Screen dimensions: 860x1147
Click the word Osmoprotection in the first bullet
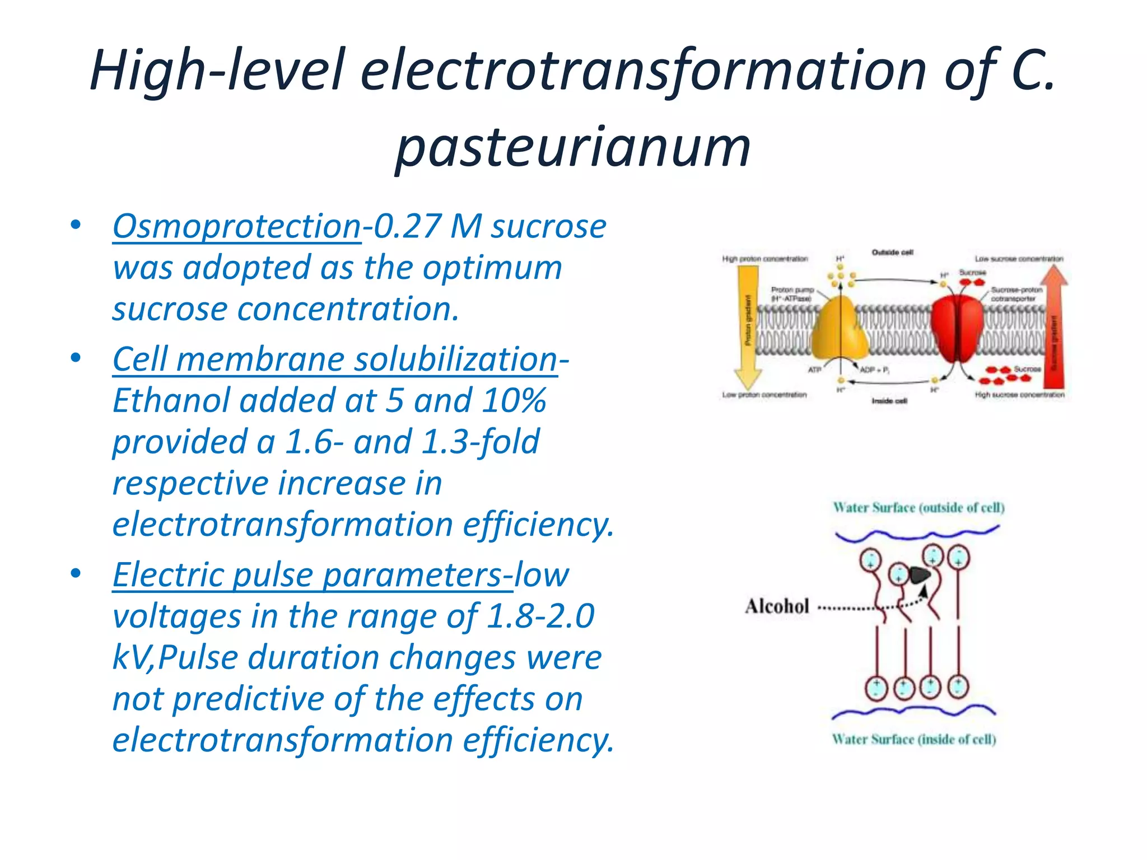pyautogui.click(x=237, y=227)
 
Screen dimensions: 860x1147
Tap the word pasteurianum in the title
pyautogui.click(x=572, y=147)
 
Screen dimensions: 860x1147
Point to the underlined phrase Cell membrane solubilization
pyautogui.click(x=335, y=359)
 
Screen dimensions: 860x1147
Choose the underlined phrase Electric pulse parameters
pyautogui.click(x=307, y=576)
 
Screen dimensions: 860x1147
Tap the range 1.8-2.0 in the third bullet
pyautogui.click(x=540, y=616)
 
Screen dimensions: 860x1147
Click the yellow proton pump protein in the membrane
pyautogui.click(x=838, y=330)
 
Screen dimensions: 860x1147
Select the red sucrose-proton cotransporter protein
pyautogui.click(x=957, y=330)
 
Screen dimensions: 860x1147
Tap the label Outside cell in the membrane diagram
pyautogui.click(x=892, y=253)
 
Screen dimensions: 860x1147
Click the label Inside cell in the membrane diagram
pyautogui.click(x=889, y=401)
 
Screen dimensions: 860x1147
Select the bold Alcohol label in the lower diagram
pyautogui.click(x=777, y=606)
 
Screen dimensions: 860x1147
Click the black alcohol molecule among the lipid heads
pyautogui.click(x=919, y=574)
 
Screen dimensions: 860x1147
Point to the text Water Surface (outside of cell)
pyautogui.click(x=918, y=508)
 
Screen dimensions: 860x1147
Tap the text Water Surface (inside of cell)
pyautogui.click(x=914, y=740)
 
